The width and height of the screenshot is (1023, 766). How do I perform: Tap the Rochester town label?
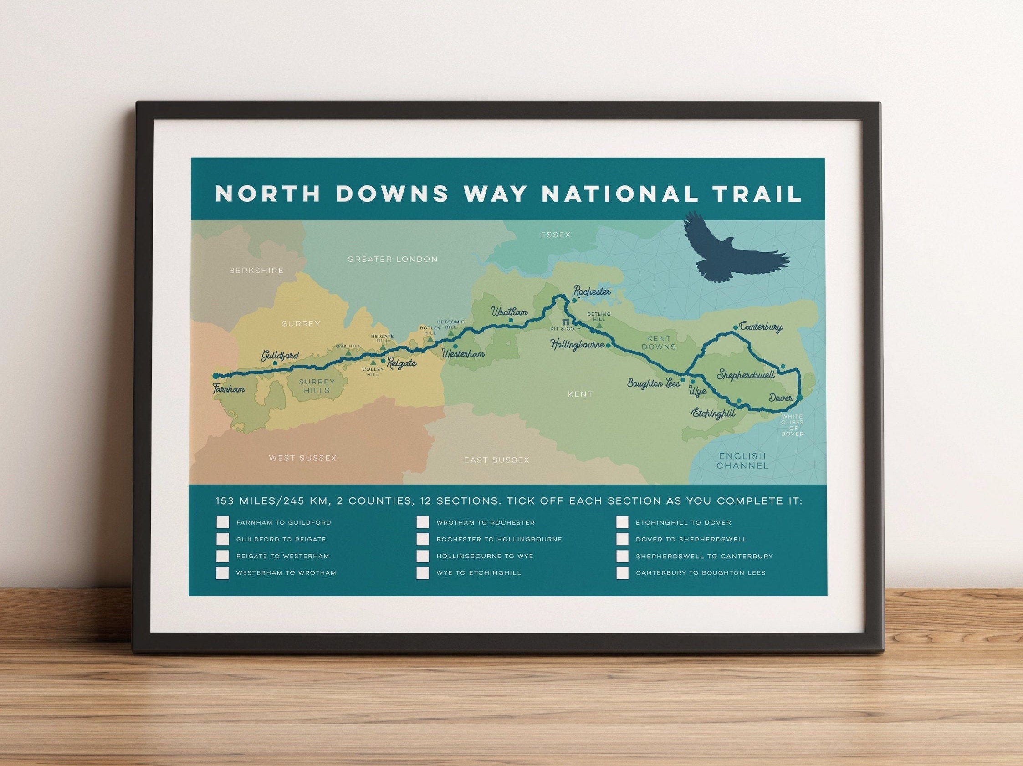[593, 292]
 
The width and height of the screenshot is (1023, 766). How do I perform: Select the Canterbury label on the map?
[761, 327]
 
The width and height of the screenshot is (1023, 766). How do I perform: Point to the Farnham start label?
[229, 389]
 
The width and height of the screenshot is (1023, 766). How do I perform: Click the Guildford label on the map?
[280, 356]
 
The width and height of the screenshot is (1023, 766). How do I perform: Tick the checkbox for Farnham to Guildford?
[222, 523]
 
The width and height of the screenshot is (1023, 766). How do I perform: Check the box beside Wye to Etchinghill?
[423, 573]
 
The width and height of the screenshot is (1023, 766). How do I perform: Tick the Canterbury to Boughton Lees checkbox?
[623, 573]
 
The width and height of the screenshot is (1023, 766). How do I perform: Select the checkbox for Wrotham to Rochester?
[423, 523]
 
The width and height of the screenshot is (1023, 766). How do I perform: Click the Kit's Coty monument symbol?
[566, 322]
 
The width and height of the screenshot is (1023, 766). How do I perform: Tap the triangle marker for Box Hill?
[348, 353]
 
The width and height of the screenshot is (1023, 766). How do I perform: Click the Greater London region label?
[392, 259]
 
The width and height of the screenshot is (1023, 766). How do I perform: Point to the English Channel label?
[742, 461]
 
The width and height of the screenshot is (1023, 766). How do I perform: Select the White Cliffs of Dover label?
[792, 425]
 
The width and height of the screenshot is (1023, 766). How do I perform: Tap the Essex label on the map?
[555, 235]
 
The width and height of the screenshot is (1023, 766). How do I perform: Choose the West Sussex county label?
[303, 458]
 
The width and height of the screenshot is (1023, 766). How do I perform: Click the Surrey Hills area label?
[317, 386]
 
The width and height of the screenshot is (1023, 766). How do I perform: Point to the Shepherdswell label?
[746, 375]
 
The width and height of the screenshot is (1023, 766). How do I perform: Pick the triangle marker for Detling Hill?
[599, 326]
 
